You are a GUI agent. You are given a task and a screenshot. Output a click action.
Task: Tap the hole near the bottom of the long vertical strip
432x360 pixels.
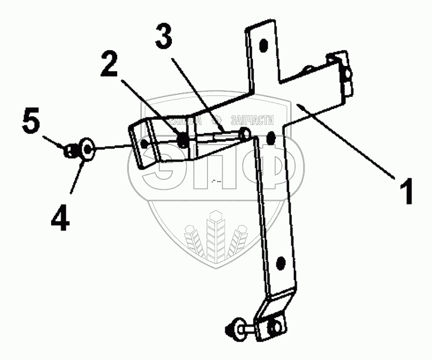tap(280, 262)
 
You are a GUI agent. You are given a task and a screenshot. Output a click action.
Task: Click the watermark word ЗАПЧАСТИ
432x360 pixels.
tap(253, 120)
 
